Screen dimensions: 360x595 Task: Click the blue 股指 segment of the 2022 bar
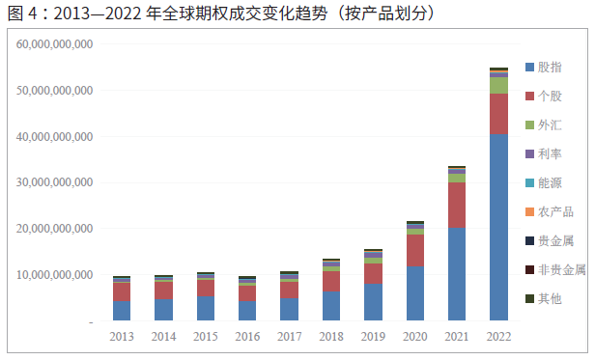click(498, 227)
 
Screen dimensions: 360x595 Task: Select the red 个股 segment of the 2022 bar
click(498, 114)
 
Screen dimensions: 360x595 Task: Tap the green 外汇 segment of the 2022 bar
click(498, 85)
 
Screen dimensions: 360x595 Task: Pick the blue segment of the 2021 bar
click(457, 274)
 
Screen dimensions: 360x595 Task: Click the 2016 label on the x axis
click(246, 336)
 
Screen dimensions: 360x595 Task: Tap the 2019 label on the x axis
click(372, 336)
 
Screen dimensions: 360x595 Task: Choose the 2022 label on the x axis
click(498, 336)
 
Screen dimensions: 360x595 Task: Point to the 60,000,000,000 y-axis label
click(55, 44)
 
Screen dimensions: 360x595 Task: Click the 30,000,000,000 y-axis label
click(55, 182)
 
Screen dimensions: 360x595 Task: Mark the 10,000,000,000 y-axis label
click(55, 275)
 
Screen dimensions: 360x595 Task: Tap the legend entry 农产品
click(554, 211)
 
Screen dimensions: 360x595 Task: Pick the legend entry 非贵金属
click(560, 269)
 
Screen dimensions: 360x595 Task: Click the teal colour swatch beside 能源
click(529, 182)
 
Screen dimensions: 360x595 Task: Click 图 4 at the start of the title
click(19, 14)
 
